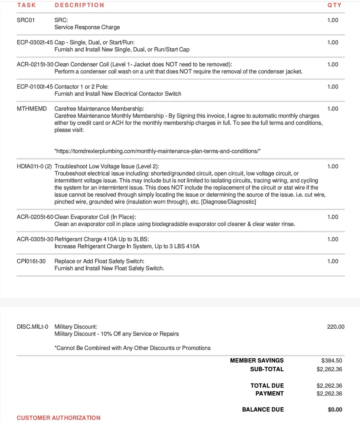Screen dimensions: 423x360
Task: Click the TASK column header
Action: tap(26, 5)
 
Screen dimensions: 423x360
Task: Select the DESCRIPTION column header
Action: tap(79, 5)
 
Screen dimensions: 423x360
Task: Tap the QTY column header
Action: tap(334, 5)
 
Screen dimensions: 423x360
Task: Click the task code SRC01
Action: tap(26, 20)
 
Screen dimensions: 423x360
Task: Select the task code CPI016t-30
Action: tap(31, 261)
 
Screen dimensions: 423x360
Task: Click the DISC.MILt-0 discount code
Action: tap(33, 327)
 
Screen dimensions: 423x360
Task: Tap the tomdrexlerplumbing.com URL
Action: tap(157, 151)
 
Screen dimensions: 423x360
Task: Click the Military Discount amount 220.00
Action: tap(335, 327)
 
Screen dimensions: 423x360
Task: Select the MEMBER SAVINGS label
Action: tap(257, 360)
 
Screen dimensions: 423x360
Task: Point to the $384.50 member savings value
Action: tap(332, 360)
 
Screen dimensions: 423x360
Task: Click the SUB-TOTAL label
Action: tap(267, 369)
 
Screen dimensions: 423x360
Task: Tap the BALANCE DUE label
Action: tap(263, 409)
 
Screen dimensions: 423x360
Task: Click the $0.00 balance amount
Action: tap(335, 409)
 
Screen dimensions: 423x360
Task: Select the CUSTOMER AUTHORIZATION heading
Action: tap(58, 418)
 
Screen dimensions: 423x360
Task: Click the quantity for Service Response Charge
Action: tap(333, 20)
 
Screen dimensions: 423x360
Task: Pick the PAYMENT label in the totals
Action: tap(269, 393)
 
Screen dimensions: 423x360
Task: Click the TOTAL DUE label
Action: tap(267, 385)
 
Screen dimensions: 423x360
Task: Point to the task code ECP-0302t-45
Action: tap(35, 42)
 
